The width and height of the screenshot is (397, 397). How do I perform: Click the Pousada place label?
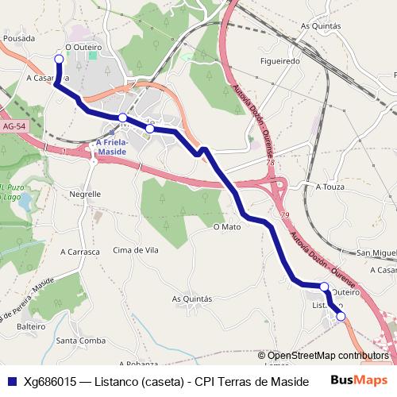point(17,37)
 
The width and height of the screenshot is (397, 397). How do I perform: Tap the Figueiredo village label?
point(280,60)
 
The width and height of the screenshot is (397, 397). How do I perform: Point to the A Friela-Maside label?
point(111,147)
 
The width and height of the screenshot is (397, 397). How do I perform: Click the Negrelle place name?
point(85,193)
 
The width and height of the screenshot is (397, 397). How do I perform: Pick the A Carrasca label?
point(80,252)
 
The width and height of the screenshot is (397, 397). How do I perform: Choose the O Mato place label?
point(226,226)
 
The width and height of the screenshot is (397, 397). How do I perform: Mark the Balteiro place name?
point(31,326)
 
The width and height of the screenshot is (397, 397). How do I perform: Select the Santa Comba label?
point(81,341)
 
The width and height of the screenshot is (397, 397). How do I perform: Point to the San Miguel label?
point(376,252)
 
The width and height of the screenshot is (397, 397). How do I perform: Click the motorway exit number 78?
point(270,162)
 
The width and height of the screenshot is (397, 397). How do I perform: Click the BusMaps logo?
point(359,380)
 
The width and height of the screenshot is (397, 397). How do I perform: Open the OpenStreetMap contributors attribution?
point(328,356)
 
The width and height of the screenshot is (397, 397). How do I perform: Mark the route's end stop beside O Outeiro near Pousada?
point(58,59)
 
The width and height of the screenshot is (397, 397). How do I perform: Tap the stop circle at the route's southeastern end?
point(341,317)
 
